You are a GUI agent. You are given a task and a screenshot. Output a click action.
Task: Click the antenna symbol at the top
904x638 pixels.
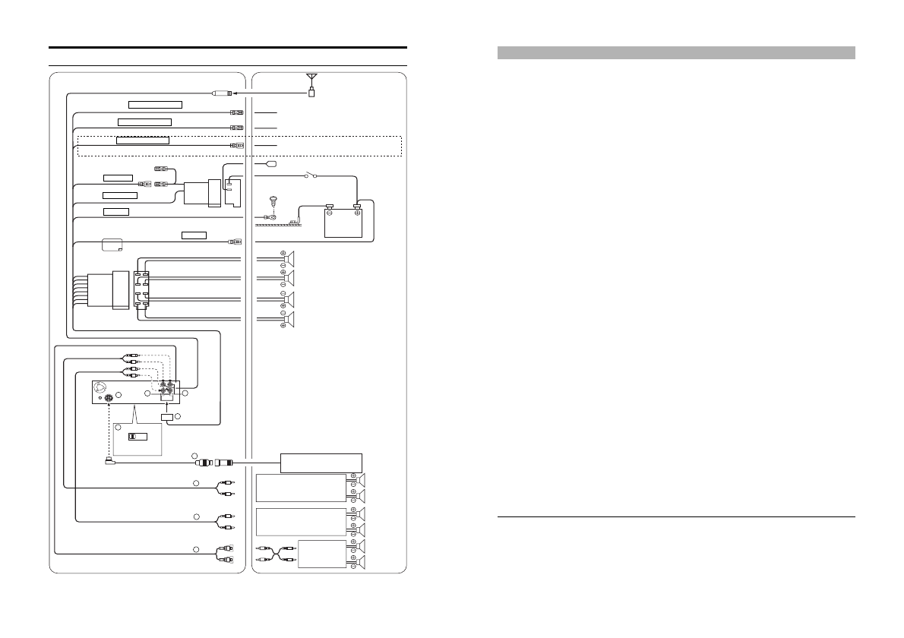click(x=311, y=77)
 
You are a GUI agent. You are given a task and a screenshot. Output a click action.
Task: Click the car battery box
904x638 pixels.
click(x=343, y=221)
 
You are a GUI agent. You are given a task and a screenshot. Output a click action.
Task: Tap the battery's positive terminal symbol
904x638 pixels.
click(x=357, y=212)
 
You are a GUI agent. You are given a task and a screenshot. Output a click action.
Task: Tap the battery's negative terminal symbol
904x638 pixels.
click(x=330, y=212)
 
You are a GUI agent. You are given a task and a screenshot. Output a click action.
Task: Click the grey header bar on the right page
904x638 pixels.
click(x=676, y=52)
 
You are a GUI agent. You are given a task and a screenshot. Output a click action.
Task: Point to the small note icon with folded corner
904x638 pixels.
click(x=111, y=245)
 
